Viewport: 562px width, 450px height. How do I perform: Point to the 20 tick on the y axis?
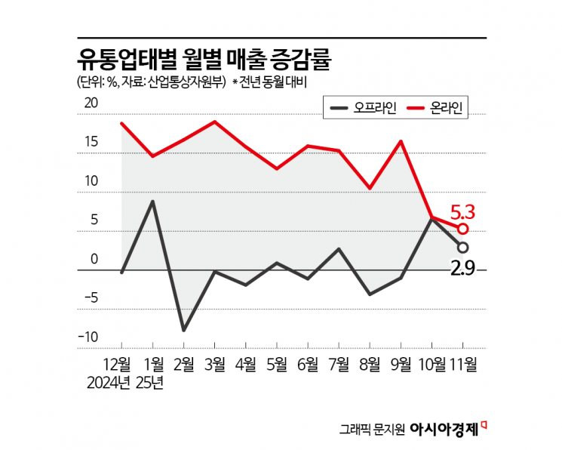[91, 104]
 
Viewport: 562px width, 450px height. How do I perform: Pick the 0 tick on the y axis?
[94, 259]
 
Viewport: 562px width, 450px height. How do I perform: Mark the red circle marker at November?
[462, 229]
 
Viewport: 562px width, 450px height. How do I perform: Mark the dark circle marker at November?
[462, 248]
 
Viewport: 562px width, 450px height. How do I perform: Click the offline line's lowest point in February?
[183, 331]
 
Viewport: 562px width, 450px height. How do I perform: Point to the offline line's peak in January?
[153, 201]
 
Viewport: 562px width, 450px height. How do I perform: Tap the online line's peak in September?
[400, 141]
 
